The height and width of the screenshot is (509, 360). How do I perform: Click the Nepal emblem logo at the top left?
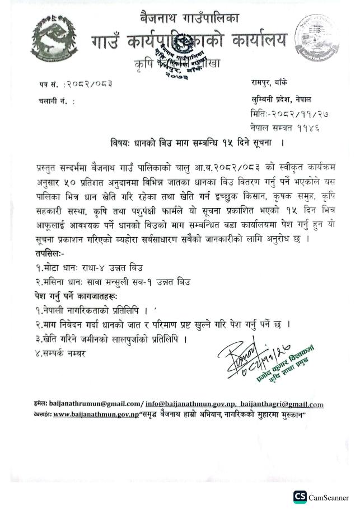pyautogui.click(x=51, y=35)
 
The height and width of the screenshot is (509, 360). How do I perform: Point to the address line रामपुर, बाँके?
pyautogui.click(x=274, y=83)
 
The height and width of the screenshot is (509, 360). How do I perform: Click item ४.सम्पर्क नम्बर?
pyautogui.click(x=61, y=353)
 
